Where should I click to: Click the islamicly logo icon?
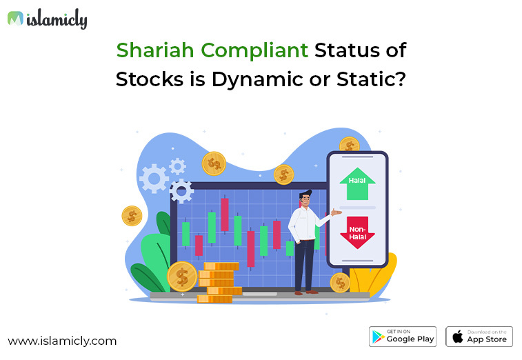[x=15, y=19]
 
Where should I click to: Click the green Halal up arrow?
[x=357, y=183]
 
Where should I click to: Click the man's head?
[x=304, y=199]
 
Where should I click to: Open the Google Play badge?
[x=403, y=336]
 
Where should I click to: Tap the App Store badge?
[x=479, y=336]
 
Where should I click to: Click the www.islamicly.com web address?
[x=62, y=341]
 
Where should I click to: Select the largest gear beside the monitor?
[x=154, y=179]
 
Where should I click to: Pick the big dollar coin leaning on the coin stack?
[x=182, y=277]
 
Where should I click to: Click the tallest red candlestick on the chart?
[x=225, y=214]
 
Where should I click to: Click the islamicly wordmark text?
[x=57, y=19]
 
